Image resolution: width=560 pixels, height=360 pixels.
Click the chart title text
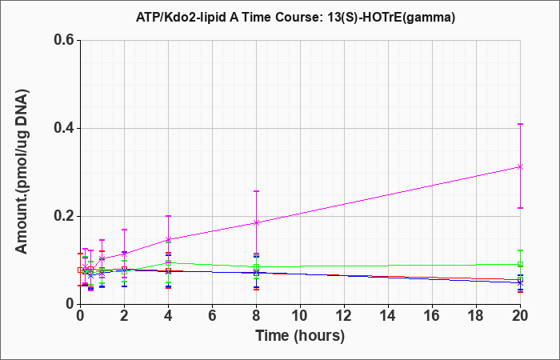(x=295, y=17)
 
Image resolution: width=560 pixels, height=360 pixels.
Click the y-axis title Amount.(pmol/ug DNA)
(x=22, y=172)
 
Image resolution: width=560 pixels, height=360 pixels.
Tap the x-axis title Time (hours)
(x=300, y=336)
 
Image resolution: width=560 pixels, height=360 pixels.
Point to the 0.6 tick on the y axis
(x=66, y=40)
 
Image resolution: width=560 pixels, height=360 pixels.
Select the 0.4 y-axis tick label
(x=66, y=128)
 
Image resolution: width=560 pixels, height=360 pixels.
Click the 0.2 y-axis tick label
(x=66, y=216)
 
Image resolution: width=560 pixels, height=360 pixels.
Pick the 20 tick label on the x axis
(x=520, y=316)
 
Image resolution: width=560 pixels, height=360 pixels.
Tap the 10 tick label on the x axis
(x=300, y=316)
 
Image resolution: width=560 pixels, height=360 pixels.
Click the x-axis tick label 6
(x=212, y=316)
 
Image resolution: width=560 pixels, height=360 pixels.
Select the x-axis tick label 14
(x=388, y=316)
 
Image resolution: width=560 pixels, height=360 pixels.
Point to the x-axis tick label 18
(x=476, y=316)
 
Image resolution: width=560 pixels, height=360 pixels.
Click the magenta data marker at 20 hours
(x=520, y=166)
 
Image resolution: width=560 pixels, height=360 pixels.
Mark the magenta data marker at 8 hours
(x=256, y=223)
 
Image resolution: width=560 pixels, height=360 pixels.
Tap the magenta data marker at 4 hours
(x=168, y=239)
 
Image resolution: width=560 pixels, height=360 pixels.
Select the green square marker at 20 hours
(x=520, y=264)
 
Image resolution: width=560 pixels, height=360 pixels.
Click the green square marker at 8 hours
(x=256, y=266)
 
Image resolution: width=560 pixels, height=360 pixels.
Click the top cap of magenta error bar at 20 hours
(x=520, y=124)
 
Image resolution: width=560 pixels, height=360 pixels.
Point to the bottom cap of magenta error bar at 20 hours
(x=520, y=208)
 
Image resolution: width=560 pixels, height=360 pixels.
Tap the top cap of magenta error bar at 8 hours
(x=256, y=191)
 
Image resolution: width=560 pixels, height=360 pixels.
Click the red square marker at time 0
(x=80, y=270)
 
